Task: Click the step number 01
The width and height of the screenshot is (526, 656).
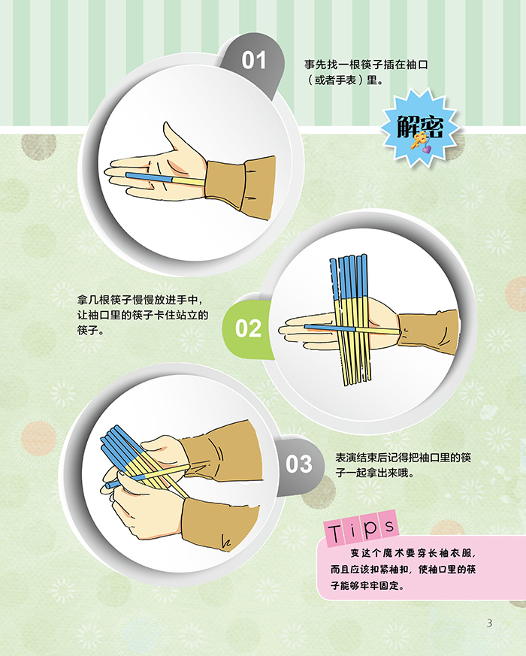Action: pos(253,60)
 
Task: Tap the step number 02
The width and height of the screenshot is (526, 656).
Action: pos(248,328)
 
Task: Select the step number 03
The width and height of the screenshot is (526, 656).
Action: pos(299,464)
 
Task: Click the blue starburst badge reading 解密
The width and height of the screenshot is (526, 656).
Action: pos(419,128)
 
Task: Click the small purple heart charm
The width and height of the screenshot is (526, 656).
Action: pos(426,149)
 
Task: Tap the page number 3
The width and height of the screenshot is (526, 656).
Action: pos(489,623)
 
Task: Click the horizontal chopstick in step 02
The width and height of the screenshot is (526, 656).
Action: pos(352,329)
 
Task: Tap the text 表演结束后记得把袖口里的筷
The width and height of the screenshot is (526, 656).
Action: pos(404,458)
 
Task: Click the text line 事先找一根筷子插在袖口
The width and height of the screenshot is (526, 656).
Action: pos(366,65)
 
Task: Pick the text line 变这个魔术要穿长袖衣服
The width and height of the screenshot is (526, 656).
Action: pos(413,553)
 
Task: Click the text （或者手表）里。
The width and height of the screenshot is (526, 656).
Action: pos(344,80)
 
